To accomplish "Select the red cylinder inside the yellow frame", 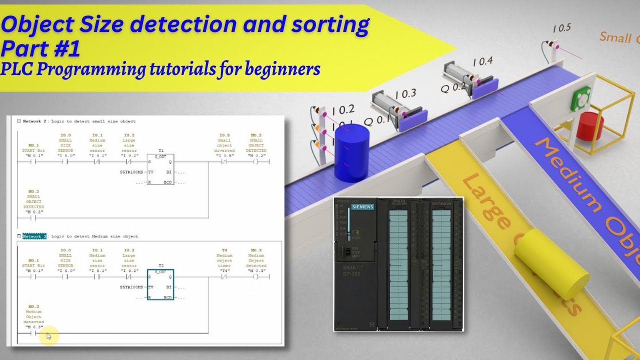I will click(x=590, y=125).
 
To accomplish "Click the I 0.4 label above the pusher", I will click(x=482, y=62).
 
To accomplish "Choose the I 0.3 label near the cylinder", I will click(x=405, y=93).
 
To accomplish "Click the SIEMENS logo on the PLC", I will click(x=362, y=206).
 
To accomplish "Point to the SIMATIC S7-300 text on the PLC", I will click(x=354, y=271).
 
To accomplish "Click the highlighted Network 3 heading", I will click(x=34, y=236).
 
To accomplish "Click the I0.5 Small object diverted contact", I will click(x=224, y=161).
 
